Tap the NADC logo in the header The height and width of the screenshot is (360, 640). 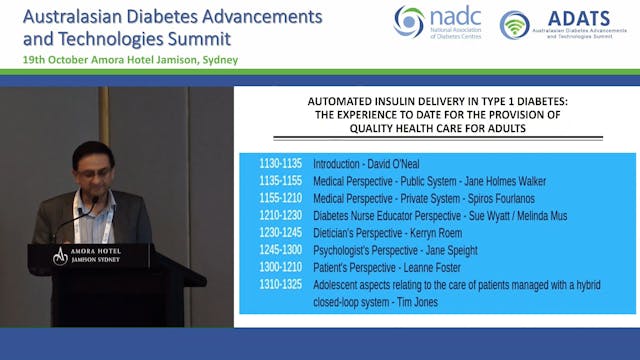click(438, 21)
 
